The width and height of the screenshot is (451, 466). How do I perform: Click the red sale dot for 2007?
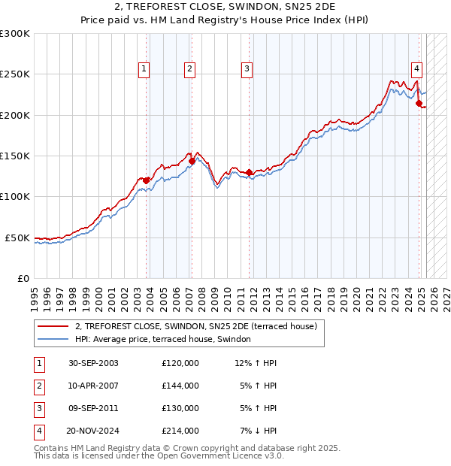[192, 161]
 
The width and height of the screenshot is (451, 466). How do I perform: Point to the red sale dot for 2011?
[250, 172]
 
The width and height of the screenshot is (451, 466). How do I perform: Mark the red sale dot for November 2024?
[419, 104]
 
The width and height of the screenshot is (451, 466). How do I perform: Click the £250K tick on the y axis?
[15, 74]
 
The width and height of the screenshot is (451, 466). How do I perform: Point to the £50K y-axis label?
[17, 238]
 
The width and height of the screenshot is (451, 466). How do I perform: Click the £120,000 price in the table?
[180, 363]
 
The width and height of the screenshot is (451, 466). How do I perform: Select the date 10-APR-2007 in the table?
[93, 386]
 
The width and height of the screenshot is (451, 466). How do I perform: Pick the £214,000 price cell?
[180, 431]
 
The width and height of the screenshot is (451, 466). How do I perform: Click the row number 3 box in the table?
[38, 409]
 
